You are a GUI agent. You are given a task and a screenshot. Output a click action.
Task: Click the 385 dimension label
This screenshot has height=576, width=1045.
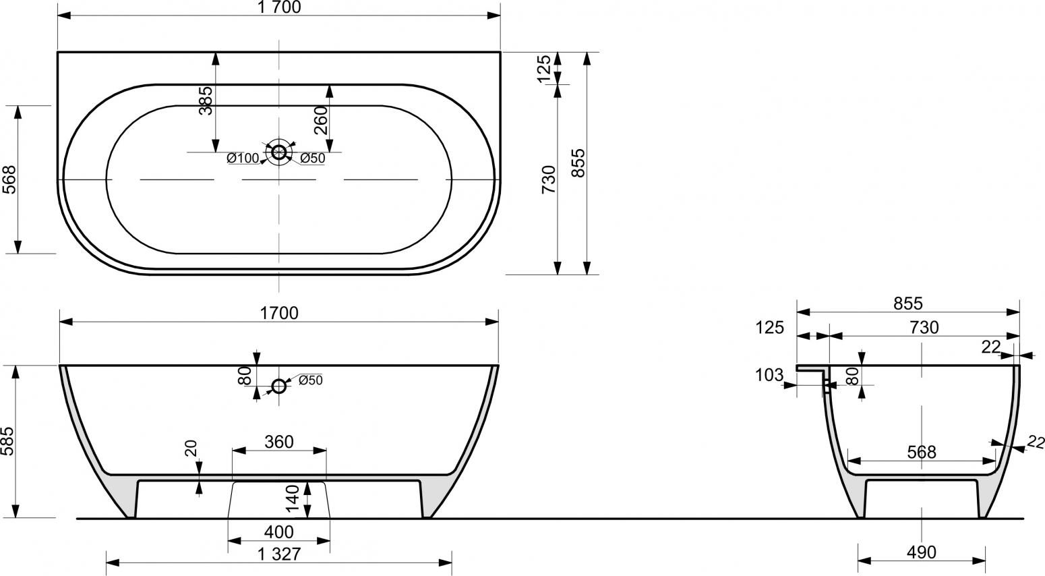(x=205, y=100)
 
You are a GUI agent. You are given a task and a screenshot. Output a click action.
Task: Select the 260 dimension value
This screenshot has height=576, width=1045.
(x=321, y=121)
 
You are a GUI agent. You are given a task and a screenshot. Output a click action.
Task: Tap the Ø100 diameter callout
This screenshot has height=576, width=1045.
(x=243, y=159)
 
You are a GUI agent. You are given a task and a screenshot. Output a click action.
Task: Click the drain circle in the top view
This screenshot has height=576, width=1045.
(x=279, y=152)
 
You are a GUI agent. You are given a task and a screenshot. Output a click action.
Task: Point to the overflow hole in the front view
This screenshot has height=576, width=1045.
(x=279, y=386)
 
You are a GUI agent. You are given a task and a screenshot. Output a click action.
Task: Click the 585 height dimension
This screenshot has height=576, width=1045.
(x=9, y=440)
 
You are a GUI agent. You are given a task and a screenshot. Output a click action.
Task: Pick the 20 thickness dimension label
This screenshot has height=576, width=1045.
(x=191, y=449)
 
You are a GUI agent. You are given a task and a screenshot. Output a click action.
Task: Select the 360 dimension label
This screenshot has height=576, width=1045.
(x=279, y=442)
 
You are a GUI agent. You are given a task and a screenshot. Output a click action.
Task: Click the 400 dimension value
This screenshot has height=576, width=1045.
(x=279, y=531)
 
